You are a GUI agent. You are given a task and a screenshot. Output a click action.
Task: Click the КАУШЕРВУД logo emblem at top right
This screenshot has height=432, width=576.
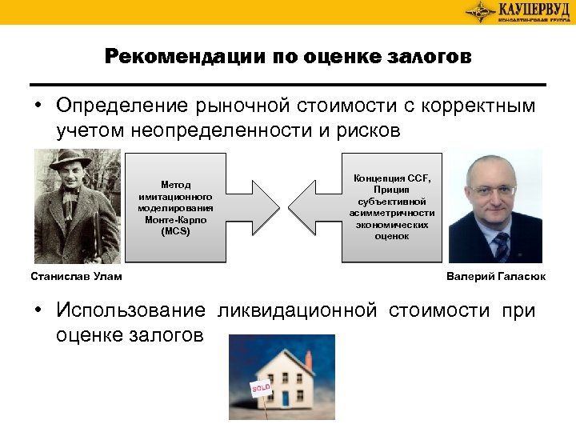[x=480, y=10]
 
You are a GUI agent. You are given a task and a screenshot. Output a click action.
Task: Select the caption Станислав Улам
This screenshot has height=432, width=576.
[x=76, y=277]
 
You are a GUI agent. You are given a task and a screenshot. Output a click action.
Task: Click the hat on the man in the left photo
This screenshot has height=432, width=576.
[x=71, y=160]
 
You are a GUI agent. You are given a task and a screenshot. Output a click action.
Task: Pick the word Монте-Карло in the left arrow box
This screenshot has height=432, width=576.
[x=175, y=219]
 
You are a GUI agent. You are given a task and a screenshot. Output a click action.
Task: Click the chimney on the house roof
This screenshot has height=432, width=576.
[x=308, y=359]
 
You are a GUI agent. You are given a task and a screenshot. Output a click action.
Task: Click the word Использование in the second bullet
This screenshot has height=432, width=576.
[x=130, y=310]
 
